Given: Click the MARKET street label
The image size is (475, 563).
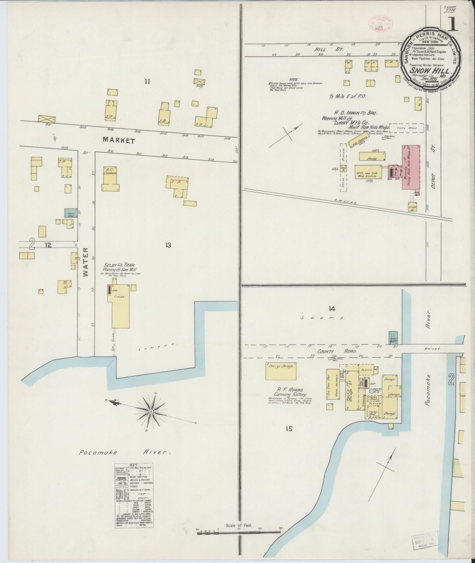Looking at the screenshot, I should pyautogui.click(x=119, y=141).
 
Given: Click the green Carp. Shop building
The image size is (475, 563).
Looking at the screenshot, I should pyautogui.click(x=71, y=213).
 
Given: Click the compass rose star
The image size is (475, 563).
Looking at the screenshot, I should pyautogui.click(x=151, y=411).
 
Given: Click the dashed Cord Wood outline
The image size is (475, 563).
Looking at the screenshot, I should pyautogui.click(x=406, y=128).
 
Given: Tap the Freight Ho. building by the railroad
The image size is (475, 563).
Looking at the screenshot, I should pyautogui.click(x=412, y=207).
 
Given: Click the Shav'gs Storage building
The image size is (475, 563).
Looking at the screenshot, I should pyautogui.click(x=281, y=371).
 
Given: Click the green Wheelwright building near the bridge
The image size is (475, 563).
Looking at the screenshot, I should pyautogui.click(x=393, y=338).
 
